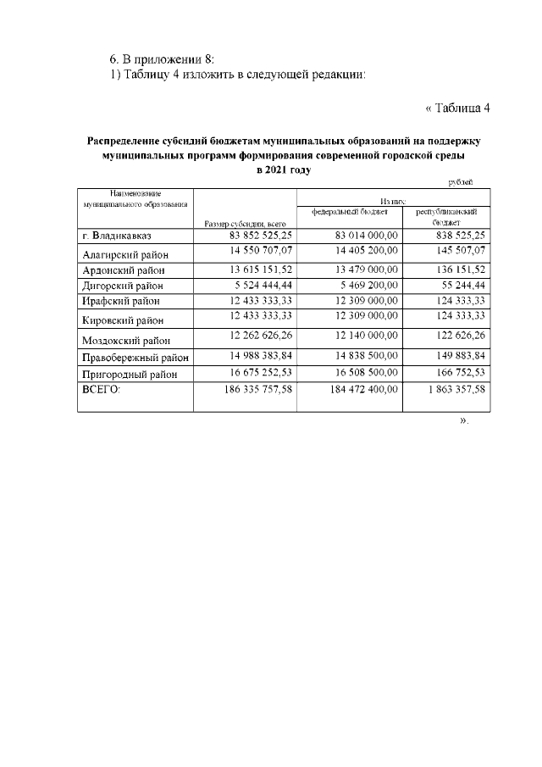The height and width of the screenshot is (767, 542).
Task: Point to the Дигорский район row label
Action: (122, 286)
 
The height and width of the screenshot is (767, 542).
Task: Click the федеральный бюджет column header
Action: (349, 211)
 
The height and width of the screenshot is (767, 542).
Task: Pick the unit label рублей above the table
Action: (461, 181)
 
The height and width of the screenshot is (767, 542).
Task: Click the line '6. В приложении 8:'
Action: (162, 58)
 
